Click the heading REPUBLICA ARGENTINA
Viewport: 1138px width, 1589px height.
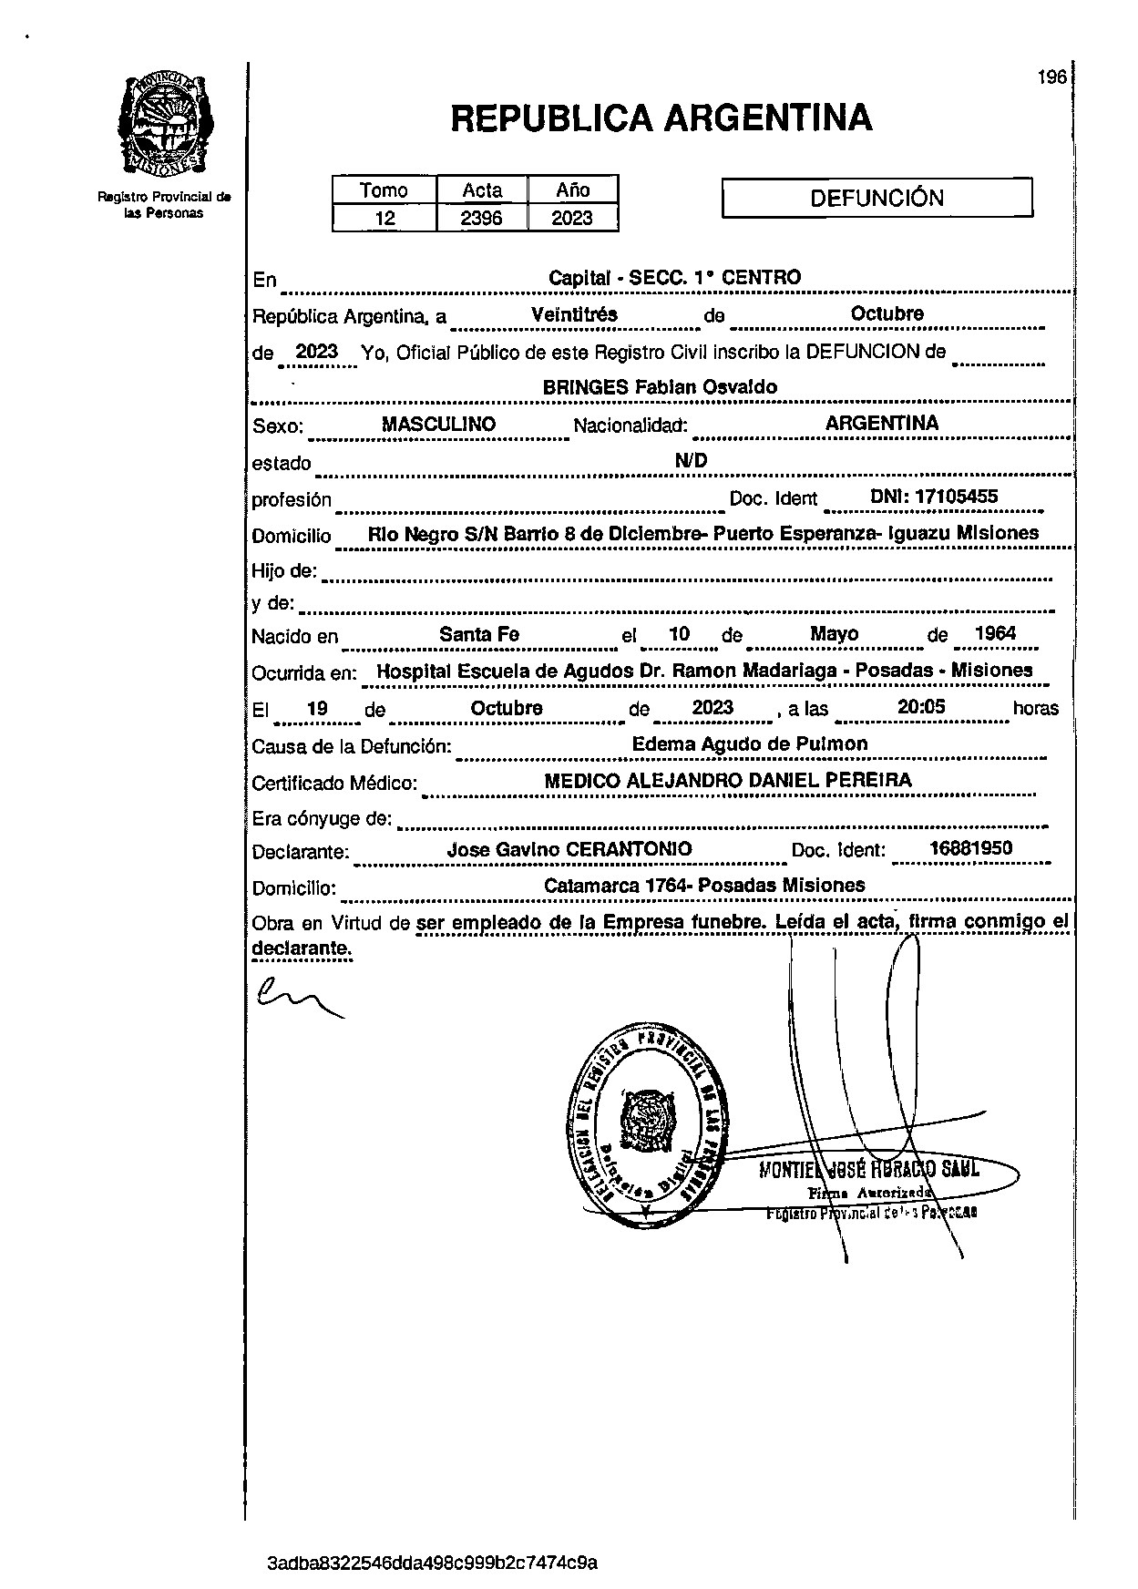[661, 118]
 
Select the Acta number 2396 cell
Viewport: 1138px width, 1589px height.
[482, 219]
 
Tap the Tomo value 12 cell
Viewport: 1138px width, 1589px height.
[384, 219]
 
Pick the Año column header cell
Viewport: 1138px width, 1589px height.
[572, 190]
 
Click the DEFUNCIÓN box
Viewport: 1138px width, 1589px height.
[877, 198]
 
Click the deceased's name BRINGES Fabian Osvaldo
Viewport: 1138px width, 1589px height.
[660, 387]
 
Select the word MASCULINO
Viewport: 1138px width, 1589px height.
[438, 425]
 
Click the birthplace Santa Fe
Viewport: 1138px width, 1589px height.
[479, 634]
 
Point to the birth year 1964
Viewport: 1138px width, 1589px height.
[994, 633]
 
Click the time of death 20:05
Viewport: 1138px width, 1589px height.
[921, 707]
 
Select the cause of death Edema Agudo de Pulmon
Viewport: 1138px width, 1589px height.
[750, 743]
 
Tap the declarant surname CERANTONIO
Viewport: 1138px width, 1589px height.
[629, 849]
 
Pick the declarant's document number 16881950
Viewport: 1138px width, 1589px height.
[970, 848]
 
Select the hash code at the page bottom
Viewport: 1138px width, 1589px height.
[433, 1563]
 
